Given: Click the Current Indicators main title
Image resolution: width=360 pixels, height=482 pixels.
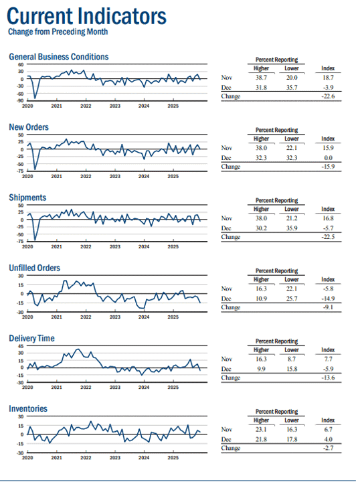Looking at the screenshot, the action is [x=86, y=16].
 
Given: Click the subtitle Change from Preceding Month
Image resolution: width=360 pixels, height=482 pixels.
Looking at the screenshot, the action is [x=58, y=31].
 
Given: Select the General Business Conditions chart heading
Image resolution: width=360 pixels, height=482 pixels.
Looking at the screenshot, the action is [x=59, y=56].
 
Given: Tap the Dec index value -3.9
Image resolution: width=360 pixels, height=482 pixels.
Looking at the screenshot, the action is [x=328, y=87].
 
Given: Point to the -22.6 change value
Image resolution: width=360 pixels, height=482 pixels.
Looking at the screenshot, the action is [x=328, y=96].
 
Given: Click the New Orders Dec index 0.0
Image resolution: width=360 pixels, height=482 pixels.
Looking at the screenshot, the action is [x=328, y=158].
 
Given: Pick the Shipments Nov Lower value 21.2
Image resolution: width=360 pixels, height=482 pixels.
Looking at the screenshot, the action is [x=292, y=218].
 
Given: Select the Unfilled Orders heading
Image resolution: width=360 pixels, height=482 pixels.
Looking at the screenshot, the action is [x=34, y=268].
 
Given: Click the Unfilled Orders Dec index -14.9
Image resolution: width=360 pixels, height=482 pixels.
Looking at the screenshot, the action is [x=328, y=299].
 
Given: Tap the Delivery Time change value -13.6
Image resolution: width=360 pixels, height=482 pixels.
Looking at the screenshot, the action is [x=328, y=378].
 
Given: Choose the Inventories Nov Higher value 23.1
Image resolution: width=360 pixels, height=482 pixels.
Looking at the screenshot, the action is [x=261, y=429].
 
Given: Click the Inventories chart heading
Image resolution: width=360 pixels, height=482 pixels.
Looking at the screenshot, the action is [x=28, y=408].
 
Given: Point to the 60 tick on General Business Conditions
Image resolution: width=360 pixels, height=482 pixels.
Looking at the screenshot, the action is [x=21, y=64].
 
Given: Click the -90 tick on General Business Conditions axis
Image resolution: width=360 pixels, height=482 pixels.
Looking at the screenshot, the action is [x=20, y=100].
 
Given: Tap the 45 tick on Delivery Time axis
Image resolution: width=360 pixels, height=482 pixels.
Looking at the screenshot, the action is [x=21, y=346].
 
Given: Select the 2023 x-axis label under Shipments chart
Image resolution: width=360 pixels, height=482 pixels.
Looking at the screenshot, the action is [x=115, y=247].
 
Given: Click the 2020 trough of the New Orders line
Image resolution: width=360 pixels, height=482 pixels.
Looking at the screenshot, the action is [x=35, y=169].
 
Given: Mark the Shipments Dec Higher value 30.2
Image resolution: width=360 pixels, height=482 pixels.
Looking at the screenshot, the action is [x=261, y=228].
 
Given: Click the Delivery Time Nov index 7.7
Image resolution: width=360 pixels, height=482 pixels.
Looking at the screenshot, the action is [x=328, y=359].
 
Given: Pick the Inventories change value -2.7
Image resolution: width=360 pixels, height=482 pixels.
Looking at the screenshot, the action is [x=328, y=448].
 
